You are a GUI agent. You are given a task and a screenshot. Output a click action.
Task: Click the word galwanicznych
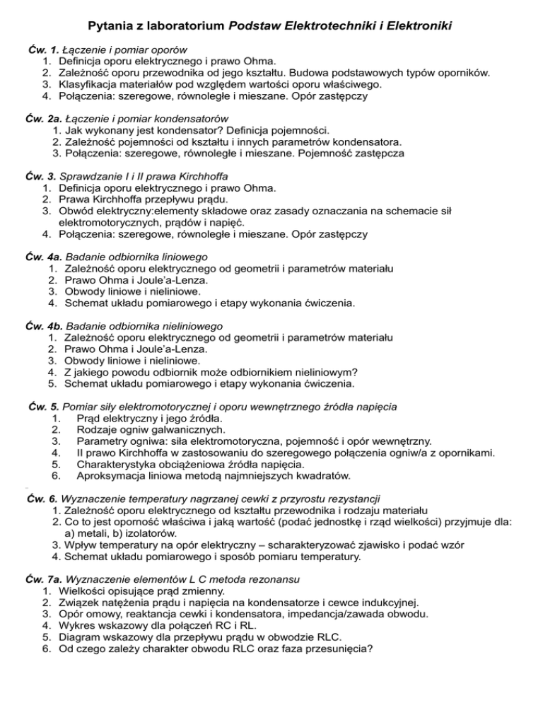point(186,430)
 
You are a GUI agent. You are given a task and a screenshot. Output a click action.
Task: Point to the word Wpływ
point(78,545)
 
